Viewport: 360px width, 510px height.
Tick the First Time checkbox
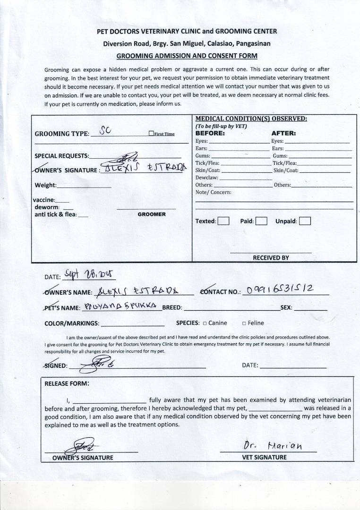[x=151, y=134]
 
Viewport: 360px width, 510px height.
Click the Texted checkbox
[x=223, y=221]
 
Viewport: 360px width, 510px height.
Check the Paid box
[x=262, y=221]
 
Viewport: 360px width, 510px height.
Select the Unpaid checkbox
[x=305, y=221]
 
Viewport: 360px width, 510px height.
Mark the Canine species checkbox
[x=205, y=323]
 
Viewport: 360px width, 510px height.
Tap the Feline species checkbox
[x=244, y=323]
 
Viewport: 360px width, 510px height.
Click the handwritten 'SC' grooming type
[x=105, y=131]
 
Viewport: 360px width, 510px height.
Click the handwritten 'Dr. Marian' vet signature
[x=273, y=446]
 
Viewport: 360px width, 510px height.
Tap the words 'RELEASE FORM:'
[x=67, y=383]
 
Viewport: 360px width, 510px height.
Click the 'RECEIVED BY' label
[x=271, y=258]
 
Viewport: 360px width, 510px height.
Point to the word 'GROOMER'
[x=152, y=214]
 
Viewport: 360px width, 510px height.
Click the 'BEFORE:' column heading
[x=210, y=133]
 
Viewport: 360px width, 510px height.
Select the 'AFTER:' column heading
[x=283, y=133]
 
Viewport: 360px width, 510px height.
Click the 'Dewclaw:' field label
[x=207, y=178]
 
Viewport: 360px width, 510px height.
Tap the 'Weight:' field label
[x=45, y=185]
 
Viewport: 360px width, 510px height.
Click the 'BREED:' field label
[x=172, y=308]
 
